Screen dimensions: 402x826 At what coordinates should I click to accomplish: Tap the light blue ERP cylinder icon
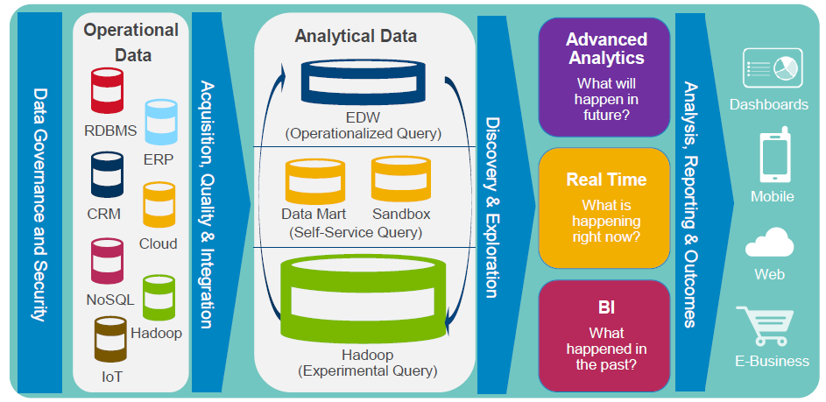coord(161,122)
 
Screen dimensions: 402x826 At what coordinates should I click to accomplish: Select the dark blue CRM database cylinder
coord(108,175)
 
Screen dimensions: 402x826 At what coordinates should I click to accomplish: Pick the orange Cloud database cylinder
coord(159,204)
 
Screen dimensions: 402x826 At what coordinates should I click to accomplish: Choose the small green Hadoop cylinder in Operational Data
coord(159,297)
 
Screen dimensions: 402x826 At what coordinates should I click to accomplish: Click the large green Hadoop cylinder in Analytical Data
coord(362,297)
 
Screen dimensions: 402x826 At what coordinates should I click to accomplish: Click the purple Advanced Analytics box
coord(605,79)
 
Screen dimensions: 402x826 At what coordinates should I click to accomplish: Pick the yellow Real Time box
coord(605,208)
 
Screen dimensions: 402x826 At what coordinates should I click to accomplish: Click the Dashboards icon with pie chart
coord(773,69)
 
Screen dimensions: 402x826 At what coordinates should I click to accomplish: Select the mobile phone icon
coord(772,157)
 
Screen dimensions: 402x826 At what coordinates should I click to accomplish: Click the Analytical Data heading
coord(356,36)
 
